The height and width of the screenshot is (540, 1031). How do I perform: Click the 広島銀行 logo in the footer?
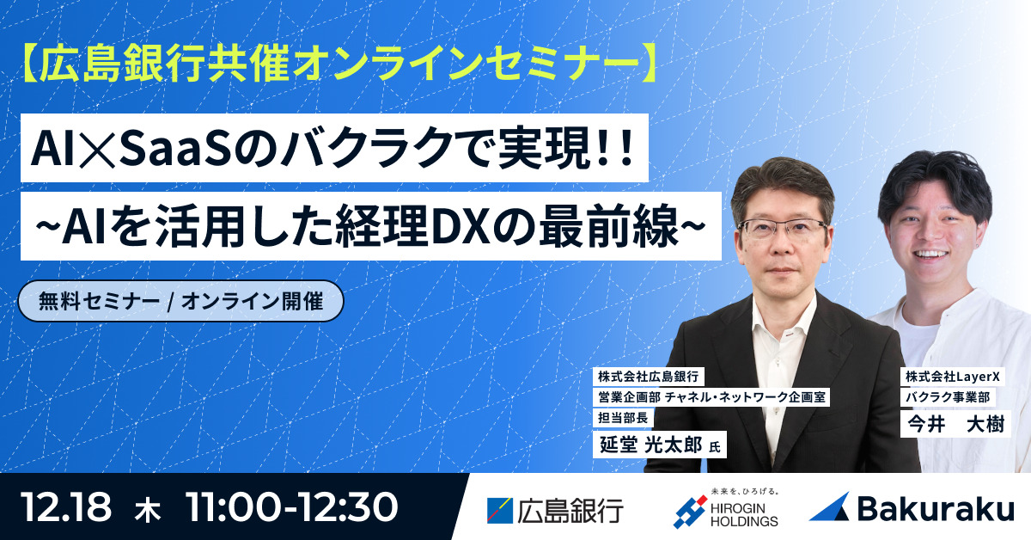pos(554,509)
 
